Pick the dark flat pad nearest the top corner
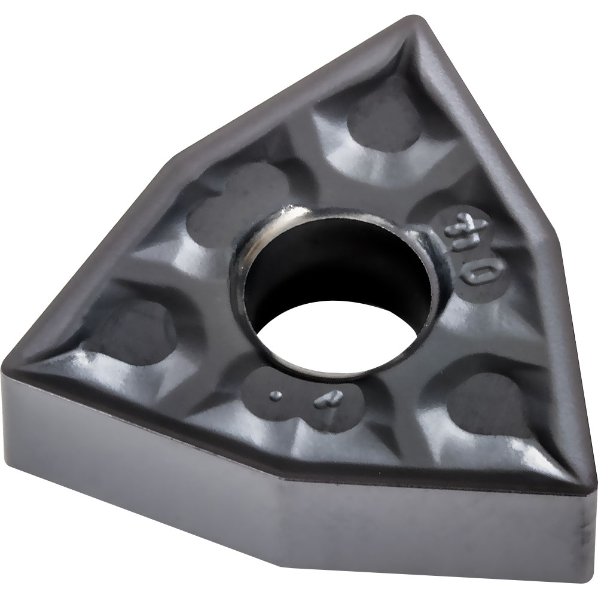[383, 126]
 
